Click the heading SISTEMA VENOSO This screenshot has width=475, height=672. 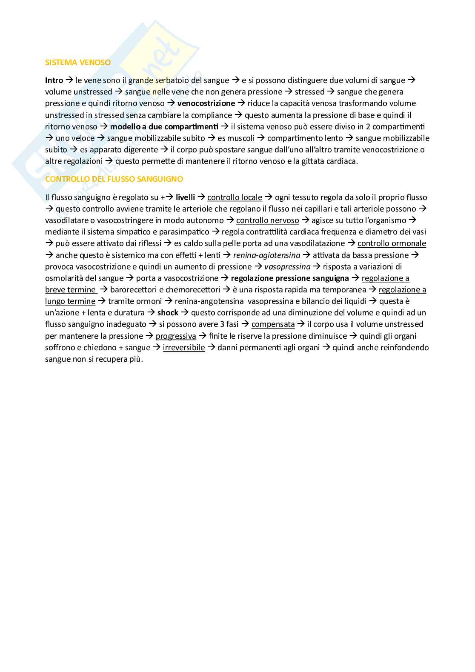78,63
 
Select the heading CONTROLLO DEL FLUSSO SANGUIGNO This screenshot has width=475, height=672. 114,179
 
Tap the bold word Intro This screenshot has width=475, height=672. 54,80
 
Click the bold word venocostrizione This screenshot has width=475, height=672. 206,103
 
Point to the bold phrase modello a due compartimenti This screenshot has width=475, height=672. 164,126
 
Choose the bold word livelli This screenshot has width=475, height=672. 185,197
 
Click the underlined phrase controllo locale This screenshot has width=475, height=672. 235,197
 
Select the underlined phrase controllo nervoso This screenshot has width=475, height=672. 267,220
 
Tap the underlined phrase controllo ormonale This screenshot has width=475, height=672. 392,243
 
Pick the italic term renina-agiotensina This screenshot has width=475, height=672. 266,255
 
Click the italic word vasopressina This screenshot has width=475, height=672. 287,267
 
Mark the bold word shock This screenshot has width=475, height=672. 168,313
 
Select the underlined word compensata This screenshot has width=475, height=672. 273,324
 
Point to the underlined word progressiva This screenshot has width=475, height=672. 176,336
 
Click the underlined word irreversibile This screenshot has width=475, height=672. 184,348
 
